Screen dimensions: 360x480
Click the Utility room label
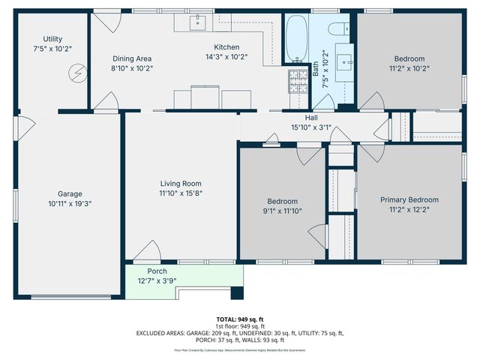click(x=52, y=39)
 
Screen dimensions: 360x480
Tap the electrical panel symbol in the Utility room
click(x=77, y=73)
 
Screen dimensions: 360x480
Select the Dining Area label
click(x=132, y=58)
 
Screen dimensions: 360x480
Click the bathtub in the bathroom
click(x=297, y=38)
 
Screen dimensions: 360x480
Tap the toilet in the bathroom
click(x=337, y=28)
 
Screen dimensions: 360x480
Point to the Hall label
click(x=310, y=118)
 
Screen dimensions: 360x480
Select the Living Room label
click(x=181, y=183)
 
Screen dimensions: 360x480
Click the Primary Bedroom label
click(x=409, y=199)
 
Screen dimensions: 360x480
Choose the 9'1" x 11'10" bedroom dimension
click(x=283, y=211)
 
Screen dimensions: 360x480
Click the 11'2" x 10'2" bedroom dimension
click(x=409, y=68)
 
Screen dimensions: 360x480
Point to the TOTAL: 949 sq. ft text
click(x=239, y=319)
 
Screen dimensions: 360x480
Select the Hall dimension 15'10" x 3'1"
click(x=310, y=127)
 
